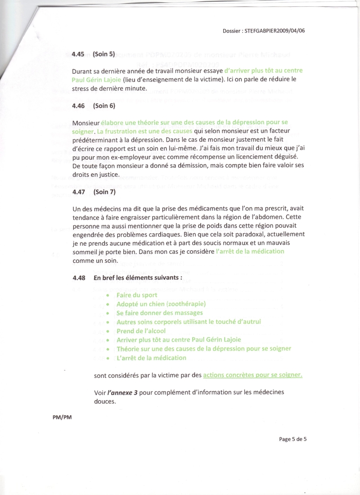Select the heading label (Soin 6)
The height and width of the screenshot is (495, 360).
(x=104, y=106)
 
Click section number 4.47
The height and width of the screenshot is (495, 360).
(x=78, y=192)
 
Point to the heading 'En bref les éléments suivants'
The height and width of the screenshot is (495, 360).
(x=138, y=278)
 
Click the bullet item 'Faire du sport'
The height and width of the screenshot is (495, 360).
(x=137, y=295)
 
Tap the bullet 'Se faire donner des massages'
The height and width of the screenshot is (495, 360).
(x=160, y=313)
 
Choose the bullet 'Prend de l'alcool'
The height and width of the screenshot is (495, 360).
(x=141, y=331)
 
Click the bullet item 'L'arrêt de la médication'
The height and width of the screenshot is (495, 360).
(x=151, y=358)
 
